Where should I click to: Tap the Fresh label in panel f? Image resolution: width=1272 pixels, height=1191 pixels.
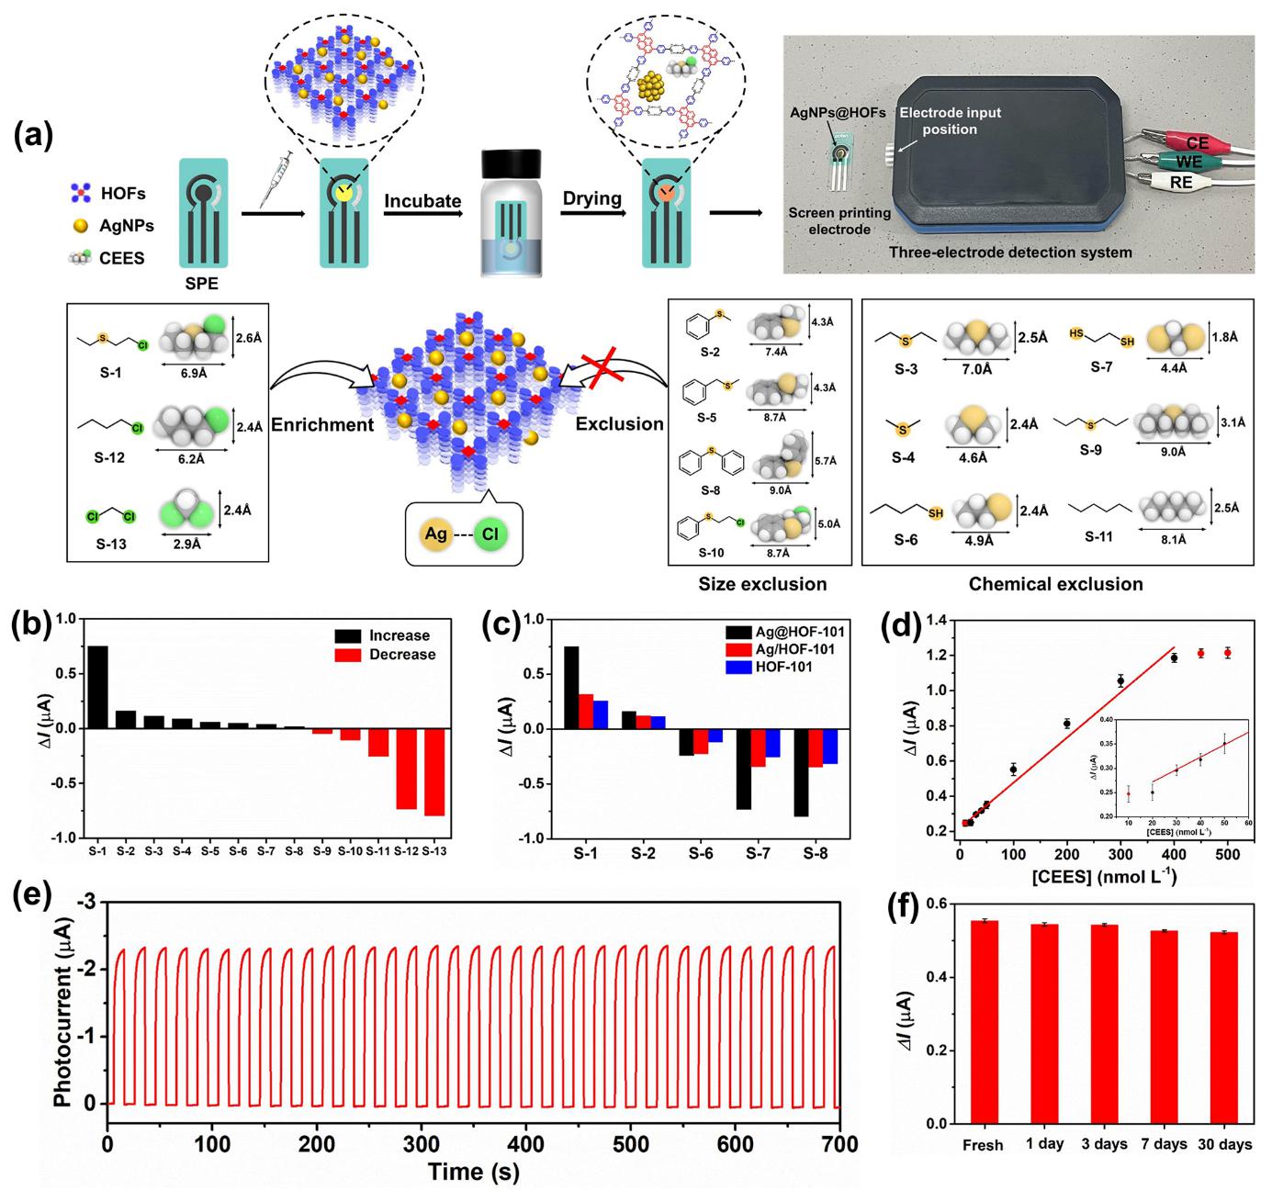(983, 1145)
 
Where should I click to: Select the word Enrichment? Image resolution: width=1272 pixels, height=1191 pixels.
(323, 425)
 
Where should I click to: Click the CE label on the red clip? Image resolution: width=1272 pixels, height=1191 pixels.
(1197, 143)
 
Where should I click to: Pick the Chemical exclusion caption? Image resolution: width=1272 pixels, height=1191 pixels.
(1055, 584)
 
